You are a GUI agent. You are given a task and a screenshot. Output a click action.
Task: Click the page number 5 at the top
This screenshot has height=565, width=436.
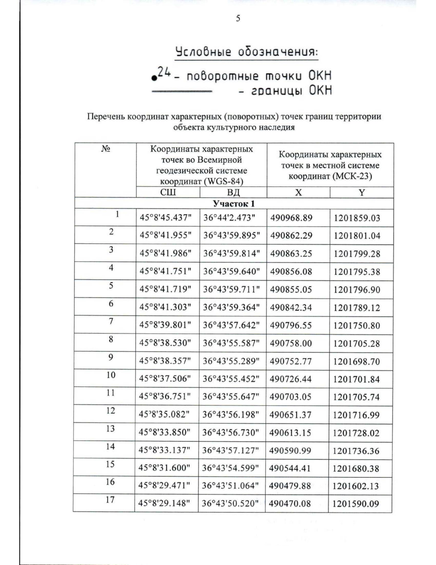coord(238,18)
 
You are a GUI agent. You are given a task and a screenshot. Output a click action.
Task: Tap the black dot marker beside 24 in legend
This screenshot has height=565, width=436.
coord(155,77)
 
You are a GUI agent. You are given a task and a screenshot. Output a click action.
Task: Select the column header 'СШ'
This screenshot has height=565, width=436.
coord(168,192)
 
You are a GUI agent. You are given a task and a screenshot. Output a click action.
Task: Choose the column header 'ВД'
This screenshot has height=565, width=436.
coord(233,192)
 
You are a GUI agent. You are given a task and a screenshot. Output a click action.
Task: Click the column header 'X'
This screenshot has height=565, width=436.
coord(298,192)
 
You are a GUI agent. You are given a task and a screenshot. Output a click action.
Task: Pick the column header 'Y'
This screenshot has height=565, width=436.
coord(362,192)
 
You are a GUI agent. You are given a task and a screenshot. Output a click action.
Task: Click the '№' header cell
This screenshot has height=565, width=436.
coord(105,149)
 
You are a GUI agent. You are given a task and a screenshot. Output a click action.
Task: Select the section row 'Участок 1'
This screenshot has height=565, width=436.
coord(234,203)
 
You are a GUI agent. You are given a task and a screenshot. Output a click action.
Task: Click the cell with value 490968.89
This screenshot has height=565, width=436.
coord(291,218)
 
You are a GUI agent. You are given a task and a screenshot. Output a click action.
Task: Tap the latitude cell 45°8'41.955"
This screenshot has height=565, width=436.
coord(166,235)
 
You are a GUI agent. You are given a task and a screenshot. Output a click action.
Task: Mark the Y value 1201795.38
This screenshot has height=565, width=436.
coord(357,272)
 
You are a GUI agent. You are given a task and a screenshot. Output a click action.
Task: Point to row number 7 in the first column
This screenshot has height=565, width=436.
coord(111,321)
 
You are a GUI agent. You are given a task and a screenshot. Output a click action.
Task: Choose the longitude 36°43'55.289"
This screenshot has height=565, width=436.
coord(231,361)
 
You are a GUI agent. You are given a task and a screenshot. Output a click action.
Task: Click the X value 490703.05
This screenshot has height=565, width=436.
coord(290,397)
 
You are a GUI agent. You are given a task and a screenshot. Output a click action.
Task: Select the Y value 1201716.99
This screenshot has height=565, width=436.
coord(356,415)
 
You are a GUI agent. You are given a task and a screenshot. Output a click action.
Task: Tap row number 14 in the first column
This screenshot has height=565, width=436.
coord(110,446)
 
